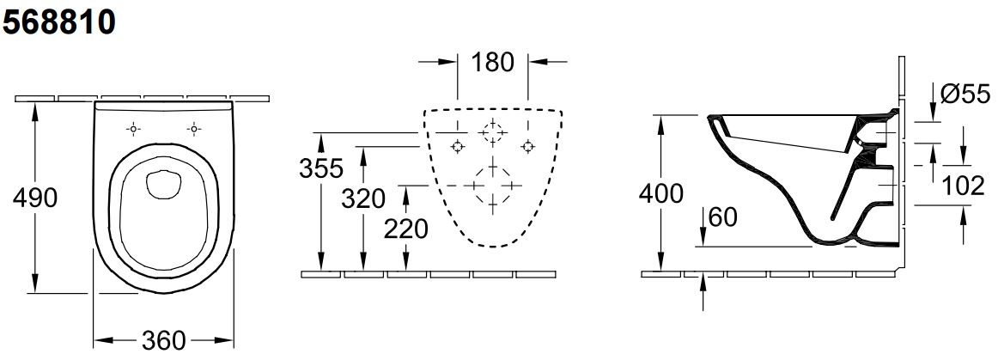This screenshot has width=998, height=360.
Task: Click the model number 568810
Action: click(59, 22)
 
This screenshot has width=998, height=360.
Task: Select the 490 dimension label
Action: click(35, 198)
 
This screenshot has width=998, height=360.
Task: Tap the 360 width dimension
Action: click(163, 340)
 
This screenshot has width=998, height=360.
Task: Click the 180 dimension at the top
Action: click(492, 62)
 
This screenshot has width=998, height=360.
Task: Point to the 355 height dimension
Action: click(321, 168)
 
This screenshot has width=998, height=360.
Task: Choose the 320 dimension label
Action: click(363, 198)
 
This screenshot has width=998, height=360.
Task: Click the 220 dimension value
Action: click(406, 229)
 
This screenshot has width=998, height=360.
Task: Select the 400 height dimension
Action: click(661, 193)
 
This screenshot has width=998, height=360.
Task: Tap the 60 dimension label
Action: click(722, 217)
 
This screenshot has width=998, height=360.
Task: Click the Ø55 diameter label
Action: click(965, 95)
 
